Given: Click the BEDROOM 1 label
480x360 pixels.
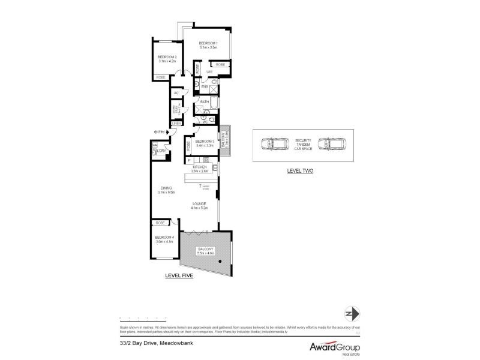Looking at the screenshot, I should (x=208, y=43).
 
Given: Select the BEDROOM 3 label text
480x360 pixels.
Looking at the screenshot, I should (x=205, y=142).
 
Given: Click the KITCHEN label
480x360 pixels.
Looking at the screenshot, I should (x=199, y=167).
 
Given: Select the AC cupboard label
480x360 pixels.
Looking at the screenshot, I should (x=176, y=93).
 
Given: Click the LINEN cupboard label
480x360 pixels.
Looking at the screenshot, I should (x=176, y=123).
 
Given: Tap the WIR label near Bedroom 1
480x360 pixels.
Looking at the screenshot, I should (x=209, y=72).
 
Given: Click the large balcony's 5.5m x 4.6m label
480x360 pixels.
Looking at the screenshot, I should (x=205, y=251).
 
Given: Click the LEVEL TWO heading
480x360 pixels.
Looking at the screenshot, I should (x=300, y=171).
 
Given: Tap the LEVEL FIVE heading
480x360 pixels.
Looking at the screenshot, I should (x=179, y=275).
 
